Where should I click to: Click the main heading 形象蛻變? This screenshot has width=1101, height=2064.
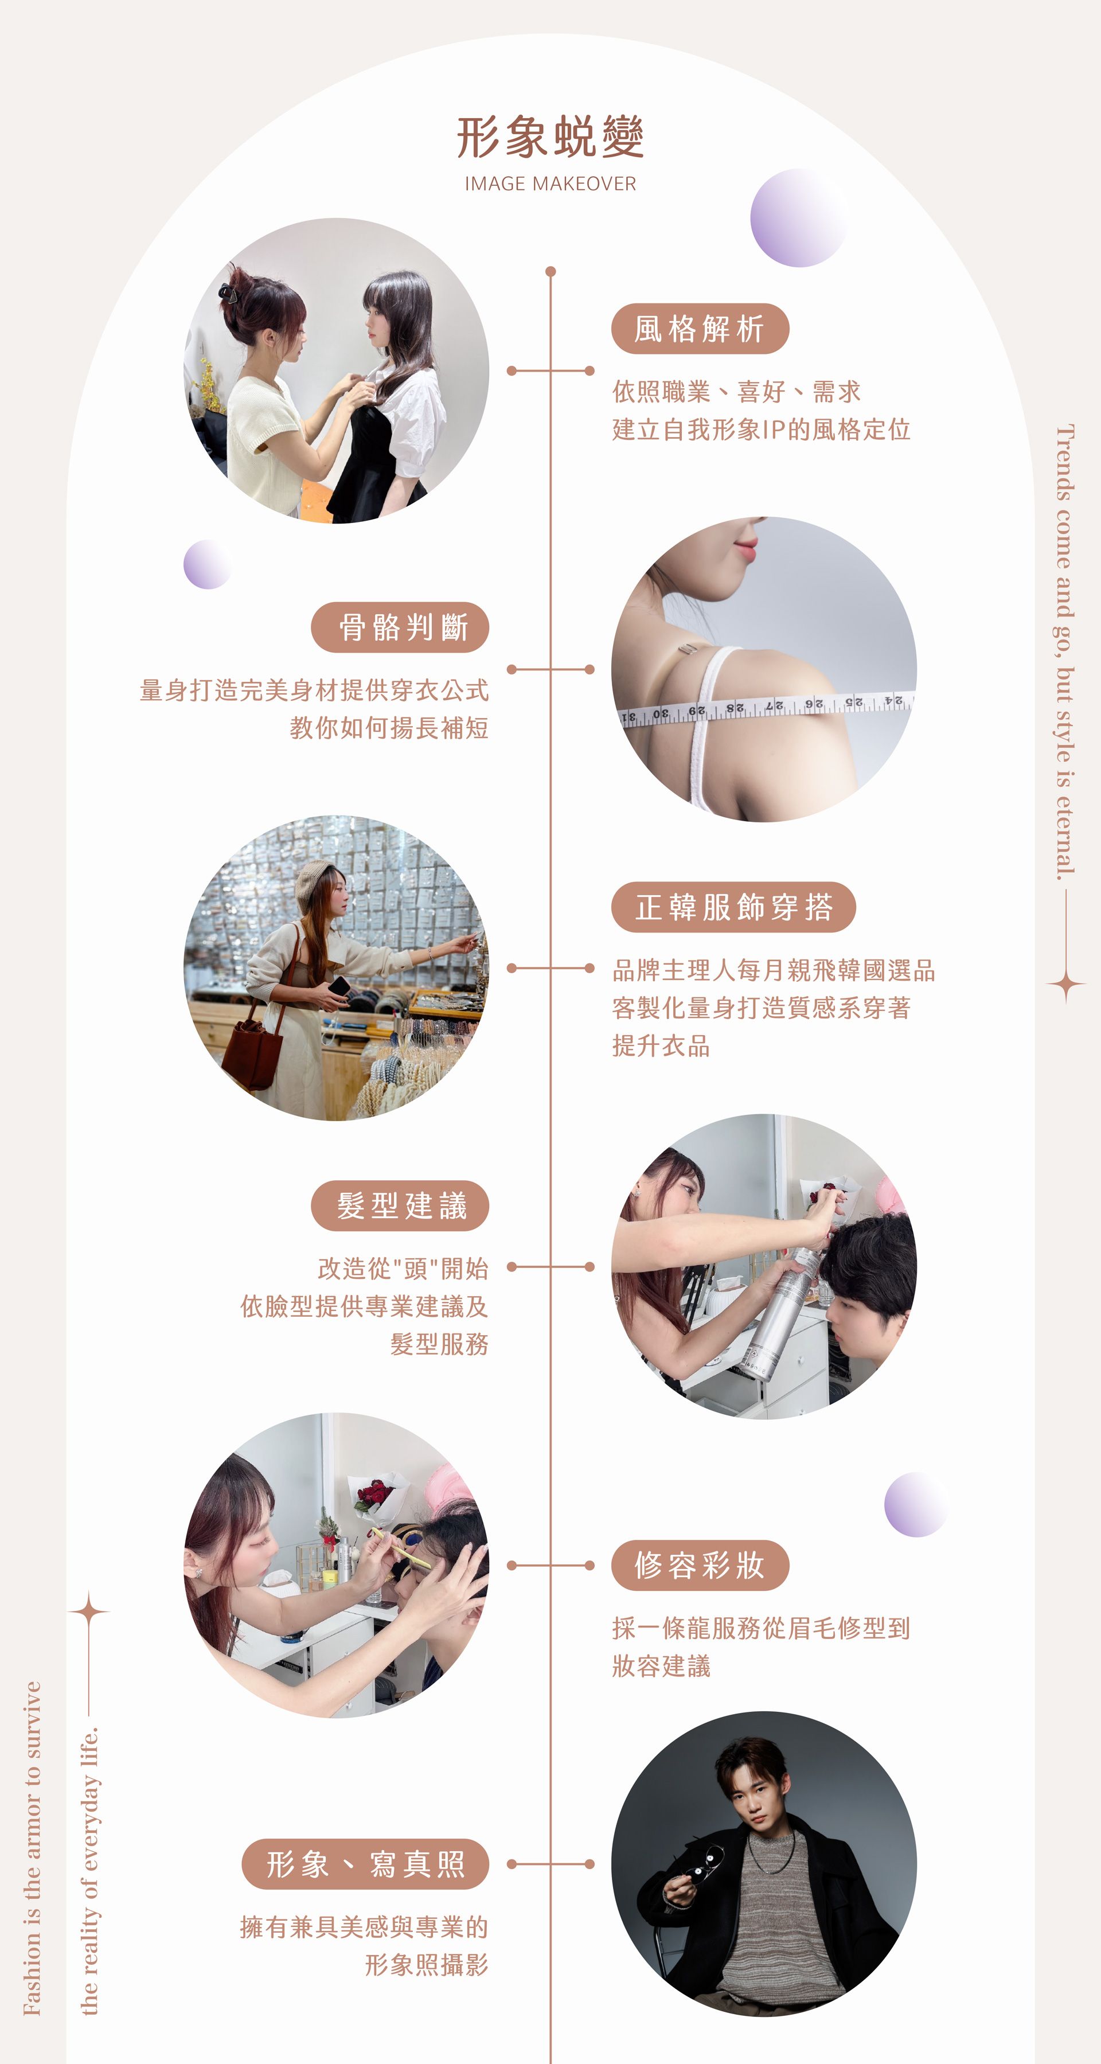pos(550,137)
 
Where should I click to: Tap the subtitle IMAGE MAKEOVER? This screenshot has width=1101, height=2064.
pos(550,184)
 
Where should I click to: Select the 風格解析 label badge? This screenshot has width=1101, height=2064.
pos(700,329)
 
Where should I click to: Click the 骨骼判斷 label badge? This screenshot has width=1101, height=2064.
pos(400,627)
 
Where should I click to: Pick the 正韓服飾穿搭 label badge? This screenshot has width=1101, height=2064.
pos(734,907)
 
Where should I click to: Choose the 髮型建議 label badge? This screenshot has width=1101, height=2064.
pos(400,1206)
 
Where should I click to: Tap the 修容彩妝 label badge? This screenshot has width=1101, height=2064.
pos(700,1566)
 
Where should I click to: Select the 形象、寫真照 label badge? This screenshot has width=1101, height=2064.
pos(365,1864)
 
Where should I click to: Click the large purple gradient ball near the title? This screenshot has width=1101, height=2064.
pos(799,218)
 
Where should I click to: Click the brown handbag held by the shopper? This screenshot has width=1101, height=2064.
pos(252,1045)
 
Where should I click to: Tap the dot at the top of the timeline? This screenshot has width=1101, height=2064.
pos(550,272)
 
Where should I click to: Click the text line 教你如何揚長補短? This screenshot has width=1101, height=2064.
pos(389,728)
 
